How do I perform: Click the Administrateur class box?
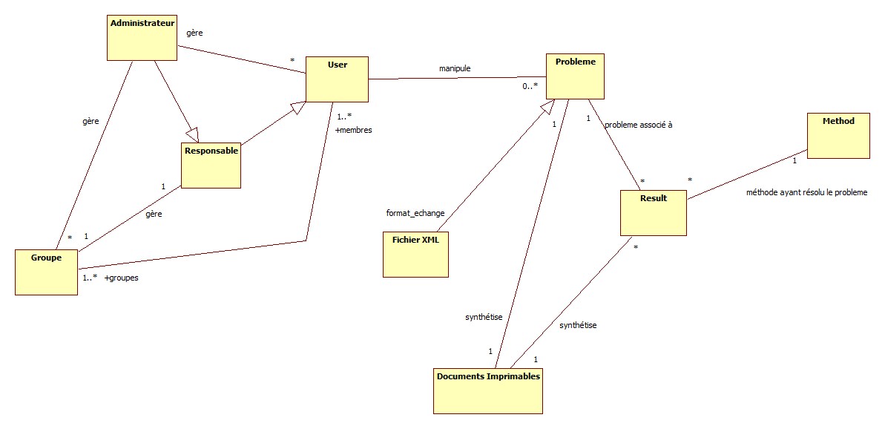click(142, 38)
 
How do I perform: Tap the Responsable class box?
click(211, 164)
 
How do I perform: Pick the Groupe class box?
click(46, 272)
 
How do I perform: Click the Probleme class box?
click(576, 76)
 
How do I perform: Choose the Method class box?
click(838, 136)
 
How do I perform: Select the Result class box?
click(654, 213)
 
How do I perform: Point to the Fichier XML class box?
click(415, 254)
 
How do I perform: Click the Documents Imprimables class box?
click(488, 390)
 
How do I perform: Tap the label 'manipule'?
click(455, 68)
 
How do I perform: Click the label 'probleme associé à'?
click(639, 125)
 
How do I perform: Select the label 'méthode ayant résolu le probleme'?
click(806, 192)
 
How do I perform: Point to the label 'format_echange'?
click(415, 213)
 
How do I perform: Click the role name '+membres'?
click(353, 130)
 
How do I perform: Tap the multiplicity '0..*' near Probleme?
click(530, 86)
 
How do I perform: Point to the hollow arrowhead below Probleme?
click(547, 108)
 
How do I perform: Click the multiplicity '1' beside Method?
click(794, 160)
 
